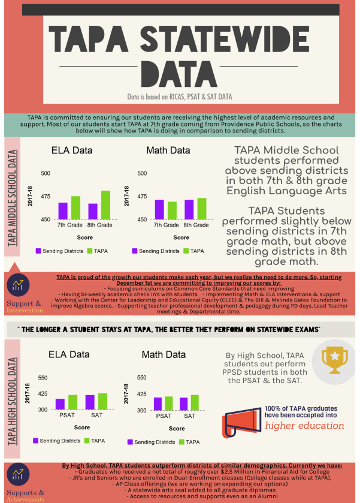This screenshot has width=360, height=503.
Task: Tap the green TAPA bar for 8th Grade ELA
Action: (105, 205)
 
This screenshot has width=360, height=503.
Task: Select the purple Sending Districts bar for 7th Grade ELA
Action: (63, 211)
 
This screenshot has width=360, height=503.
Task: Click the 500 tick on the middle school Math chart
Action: (142, 173)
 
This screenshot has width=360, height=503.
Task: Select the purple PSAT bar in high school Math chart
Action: (158, 403)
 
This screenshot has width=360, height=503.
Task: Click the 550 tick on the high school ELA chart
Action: (43, 378)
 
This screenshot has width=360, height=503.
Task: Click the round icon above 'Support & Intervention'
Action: (19, 285)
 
